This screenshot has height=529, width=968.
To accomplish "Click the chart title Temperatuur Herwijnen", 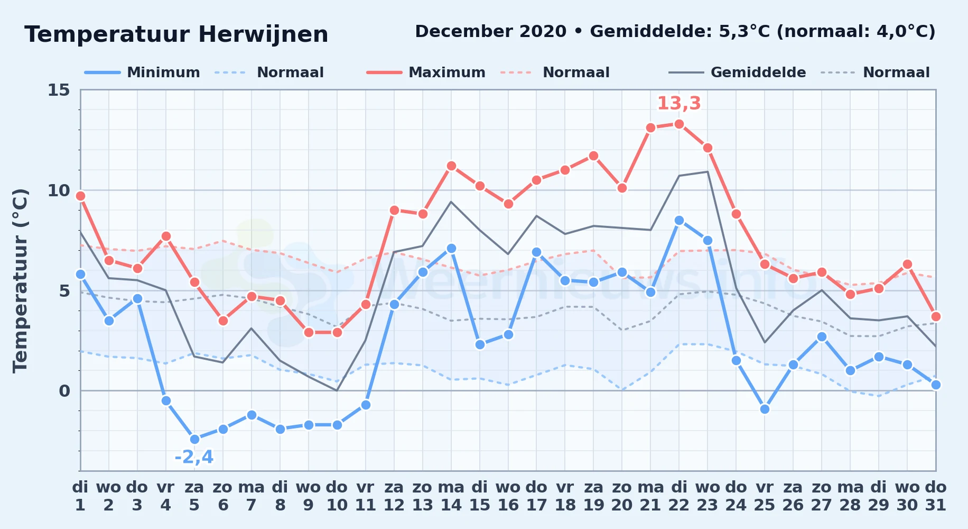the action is tap(176, 35).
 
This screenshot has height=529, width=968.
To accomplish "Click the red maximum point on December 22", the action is tap(679, 124).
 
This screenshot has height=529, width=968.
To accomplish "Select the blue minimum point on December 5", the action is tap(194, 439).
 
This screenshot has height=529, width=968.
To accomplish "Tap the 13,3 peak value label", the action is tap(679, 104).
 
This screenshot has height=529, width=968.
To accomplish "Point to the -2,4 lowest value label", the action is tap(194, 457).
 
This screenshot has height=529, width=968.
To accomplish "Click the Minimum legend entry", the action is tap(142, 72).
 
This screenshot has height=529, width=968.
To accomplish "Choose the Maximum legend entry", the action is tap(426, 72).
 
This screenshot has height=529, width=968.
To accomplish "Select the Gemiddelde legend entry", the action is tap(738, 72).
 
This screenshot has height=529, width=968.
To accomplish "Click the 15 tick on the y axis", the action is tap(59, 90).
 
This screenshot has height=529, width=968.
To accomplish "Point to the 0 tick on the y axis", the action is tap(64, 391).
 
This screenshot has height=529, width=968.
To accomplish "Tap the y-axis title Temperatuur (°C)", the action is tap(20, 280).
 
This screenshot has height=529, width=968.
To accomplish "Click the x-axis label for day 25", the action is tap(765, 496).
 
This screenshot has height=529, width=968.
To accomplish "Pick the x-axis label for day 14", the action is tap(451, 496).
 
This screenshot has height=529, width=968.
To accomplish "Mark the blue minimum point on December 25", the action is tap(765, 409).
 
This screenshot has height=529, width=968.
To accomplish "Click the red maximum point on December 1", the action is tap(80, 196).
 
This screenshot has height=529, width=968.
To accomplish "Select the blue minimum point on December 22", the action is tap(679, 220).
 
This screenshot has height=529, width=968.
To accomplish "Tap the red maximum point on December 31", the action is tap(936, 316).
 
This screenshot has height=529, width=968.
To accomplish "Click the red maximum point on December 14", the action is tap(451, 166).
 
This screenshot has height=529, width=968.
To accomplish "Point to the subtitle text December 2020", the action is tap(491, 32).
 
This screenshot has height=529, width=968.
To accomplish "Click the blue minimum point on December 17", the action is tap(536, 252).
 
